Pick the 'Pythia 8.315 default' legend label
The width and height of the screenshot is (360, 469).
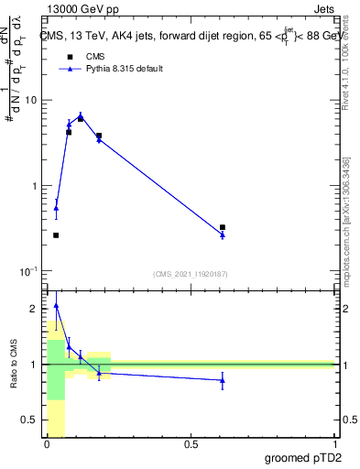click(125, 70)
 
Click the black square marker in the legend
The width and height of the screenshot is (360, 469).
click(69, 57)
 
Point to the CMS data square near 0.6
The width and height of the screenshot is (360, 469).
click(223, 227)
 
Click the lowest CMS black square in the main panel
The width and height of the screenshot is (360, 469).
click(56, 235)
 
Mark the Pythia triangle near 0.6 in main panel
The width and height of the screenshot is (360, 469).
click(223, 235)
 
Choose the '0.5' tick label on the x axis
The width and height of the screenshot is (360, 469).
click(191, 444)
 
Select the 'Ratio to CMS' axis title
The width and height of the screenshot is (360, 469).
click(14, 365)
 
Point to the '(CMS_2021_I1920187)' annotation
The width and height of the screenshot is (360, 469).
click(190, 272)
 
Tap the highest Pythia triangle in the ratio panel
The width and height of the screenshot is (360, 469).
click(56, 306)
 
